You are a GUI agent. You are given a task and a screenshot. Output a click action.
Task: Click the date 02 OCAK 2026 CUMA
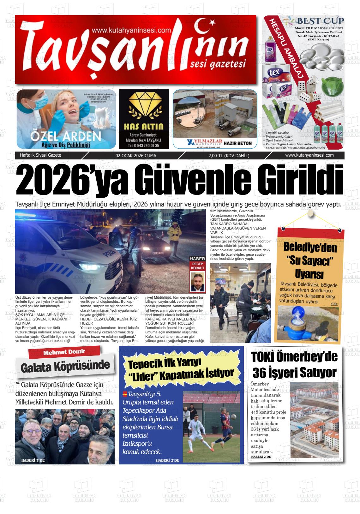point(136,156)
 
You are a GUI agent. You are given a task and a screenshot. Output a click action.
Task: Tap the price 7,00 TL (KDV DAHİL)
point(229,156)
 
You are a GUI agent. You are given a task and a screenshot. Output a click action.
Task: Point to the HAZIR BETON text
point(237,143)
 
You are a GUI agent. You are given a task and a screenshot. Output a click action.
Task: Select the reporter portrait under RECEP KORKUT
point(197,282)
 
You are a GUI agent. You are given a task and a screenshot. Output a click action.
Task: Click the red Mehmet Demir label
point(64,352)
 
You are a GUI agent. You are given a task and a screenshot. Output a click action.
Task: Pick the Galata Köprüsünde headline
point(65,366)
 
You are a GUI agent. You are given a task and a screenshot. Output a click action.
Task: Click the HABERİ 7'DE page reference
point(33,460)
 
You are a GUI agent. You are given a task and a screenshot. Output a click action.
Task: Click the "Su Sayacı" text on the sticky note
point(309,260)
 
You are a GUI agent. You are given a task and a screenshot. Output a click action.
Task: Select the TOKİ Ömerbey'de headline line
point(294,357)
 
